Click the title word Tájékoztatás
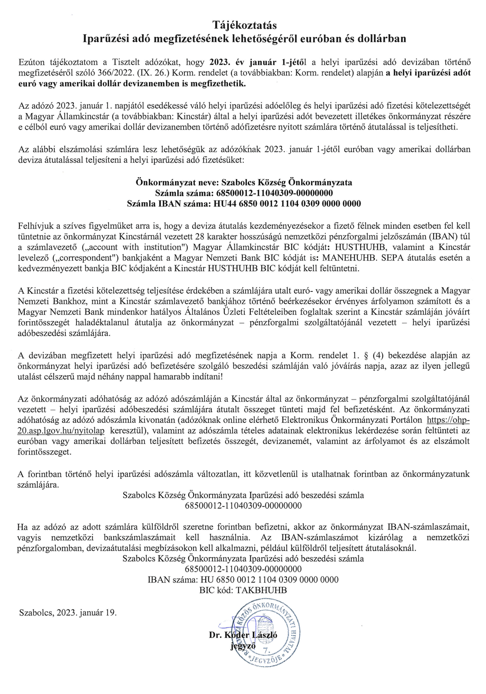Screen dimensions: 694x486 (x=244, y=25)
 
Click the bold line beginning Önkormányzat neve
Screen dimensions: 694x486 (x=244, y=182)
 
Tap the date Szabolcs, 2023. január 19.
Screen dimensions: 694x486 (x=68, y=612)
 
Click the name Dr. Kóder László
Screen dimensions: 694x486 (x=243, y=635)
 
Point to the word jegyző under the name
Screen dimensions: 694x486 (x=243, y=645)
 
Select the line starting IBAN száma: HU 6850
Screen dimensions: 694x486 (x=243, y=579)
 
